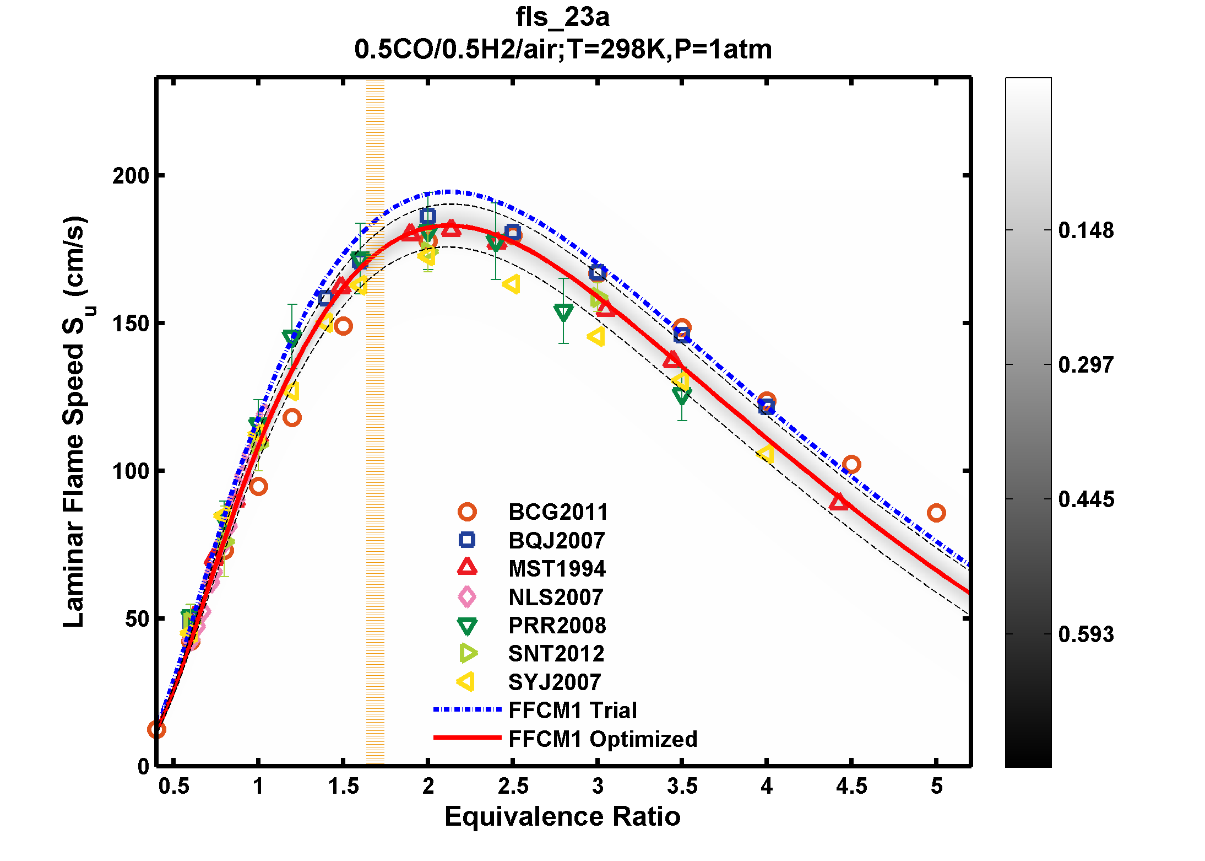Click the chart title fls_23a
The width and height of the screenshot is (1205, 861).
[562, 17]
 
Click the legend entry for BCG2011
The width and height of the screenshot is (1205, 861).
[558, 512]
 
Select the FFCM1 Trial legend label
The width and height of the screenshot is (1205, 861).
[572, 711]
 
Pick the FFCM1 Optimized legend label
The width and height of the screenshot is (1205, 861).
[602, 739]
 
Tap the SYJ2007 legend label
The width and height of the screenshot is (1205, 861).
[554, 682]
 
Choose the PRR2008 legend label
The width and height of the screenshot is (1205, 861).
[557, 626]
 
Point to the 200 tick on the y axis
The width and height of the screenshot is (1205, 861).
[131, 176]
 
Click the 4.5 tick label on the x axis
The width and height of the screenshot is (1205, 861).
[851, 786]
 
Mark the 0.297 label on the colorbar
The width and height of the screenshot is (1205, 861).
[1085, 365]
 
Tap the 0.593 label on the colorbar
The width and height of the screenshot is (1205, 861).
[1085, 634]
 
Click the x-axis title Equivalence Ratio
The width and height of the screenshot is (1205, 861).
[562, 816]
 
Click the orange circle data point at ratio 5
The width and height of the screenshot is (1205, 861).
[936, 513]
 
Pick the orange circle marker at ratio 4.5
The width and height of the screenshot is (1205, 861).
[851, 465]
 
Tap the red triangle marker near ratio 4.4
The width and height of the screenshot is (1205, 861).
[839, 502]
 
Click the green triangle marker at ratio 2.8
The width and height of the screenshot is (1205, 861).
[563, 313]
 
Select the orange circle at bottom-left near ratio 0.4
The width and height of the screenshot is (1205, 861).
[157, 730]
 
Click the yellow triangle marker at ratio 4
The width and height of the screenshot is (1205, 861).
[766, 454]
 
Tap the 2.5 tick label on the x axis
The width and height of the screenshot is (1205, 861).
[513, 786]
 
